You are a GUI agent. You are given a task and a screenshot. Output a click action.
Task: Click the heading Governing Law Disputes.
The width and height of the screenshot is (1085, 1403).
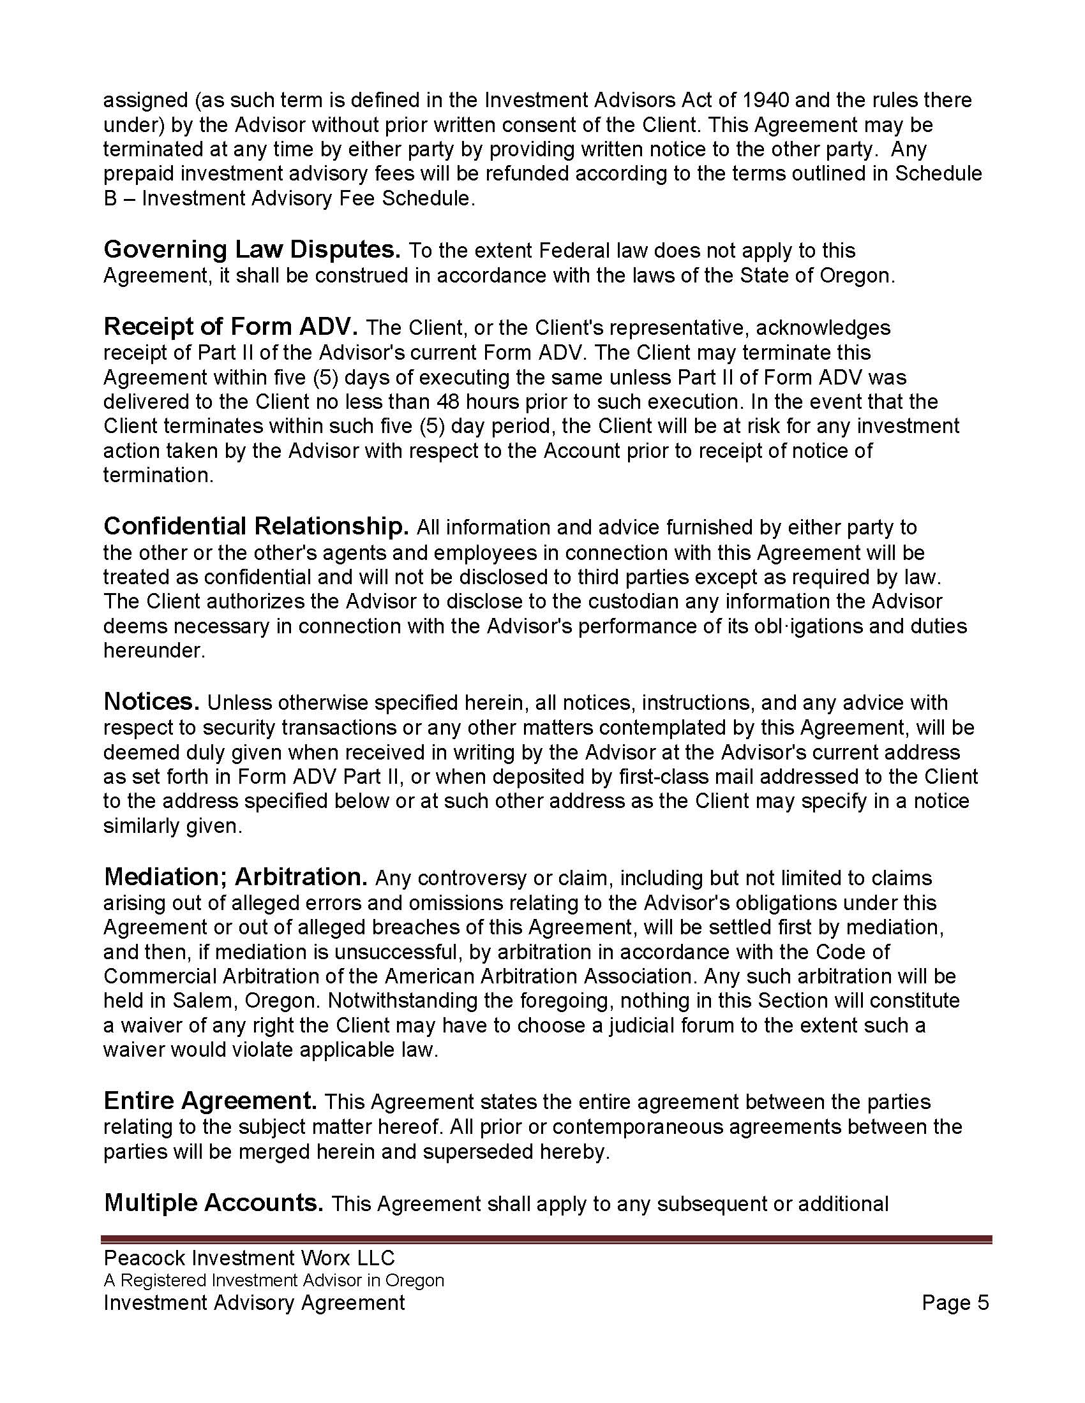click(253, 249)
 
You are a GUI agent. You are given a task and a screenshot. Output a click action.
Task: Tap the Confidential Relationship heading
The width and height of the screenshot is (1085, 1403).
click(256, 526)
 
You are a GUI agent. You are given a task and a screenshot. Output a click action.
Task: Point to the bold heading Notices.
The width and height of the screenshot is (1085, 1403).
click(152, 701)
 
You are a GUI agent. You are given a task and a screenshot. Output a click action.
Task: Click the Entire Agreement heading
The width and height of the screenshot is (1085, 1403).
click(210, 1101)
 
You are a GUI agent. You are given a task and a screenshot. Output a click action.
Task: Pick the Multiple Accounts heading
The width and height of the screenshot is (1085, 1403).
click(213, 1203)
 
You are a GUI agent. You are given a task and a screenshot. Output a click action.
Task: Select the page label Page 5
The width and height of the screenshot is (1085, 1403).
click(955, 1302)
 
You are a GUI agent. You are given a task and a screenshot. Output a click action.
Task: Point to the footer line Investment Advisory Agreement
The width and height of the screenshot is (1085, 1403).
click(254, 1302)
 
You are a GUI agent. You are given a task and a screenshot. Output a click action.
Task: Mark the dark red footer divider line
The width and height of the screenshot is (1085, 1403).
click(546, 1239)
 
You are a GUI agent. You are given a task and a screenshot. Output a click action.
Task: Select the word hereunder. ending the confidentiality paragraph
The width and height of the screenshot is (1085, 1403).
click(154, 650)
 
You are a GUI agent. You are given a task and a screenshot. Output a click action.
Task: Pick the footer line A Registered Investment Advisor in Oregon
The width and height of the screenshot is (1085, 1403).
click(274, 1280)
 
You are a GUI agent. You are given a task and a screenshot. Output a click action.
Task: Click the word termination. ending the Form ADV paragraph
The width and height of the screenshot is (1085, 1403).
click(158, 475)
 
